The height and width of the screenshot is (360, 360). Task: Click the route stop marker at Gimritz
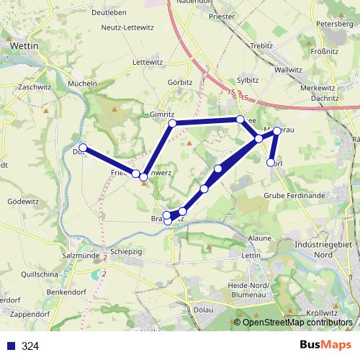pyautogui.click(x=172, y=124)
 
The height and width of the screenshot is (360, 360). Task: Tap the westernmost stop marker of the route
pyautogui.click(x=83, y=148)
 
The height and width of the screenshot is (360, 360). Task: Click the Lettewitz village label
pyautogui.click(x=148, y=63)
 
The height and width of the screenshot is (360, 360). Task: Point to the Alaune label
pyautogui.click(x=259, y=238)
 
